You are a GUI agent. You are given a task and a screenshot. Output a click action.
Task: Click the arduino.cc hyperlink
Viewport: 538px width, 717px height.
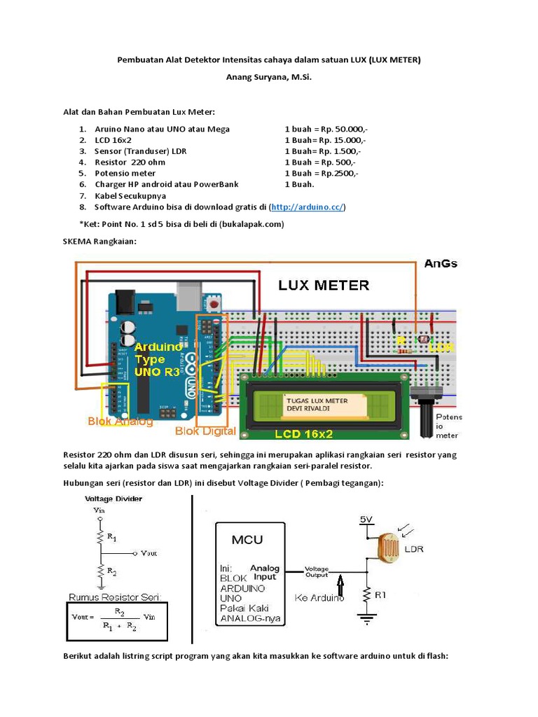[x=307, y=208]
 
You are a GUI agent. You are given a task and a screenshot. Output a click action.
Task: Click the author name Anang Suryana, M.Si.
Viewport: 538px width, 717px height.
[x=268, y=76]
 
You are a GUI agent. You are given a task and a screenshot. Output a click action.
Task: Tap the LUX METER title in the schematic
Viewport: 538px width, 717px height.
[x=324, y=285]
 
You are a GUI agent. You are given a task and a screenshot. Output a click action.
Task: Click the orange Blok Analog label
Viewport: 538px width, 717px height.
[x=120, y=422]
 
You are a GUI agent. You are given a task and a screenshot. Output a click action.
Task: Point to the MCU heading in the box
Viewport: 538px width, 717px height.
[x=248, y=540]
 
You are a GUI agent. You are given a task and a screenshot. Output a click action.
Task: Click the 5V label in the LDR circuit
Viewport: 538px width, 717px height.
[x=367, y=520]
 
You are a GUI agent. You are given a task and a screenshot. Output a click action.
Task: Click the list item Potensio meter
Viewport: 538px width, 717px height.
[x=125, y=173]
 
